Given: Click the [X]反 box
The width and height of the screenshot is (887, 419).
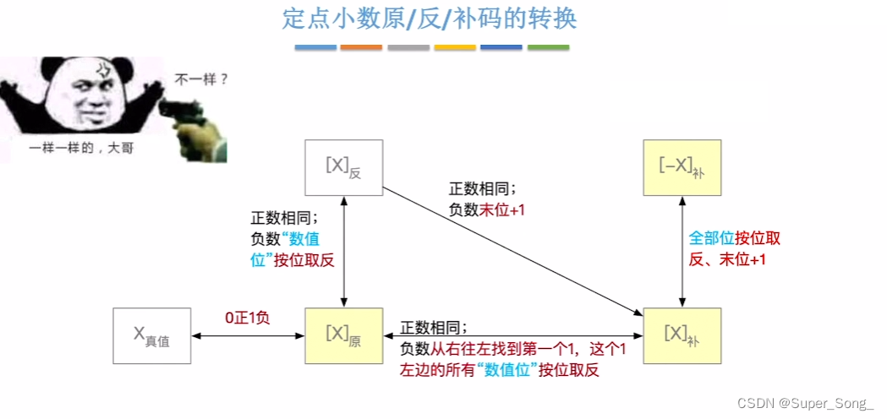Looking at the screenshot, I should coord(343,167).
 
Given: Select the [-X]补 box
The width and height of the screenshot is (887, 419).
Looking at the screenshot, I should coord(682,167).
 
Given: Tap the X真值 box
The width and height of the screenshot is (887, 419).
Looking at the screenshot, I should coord(151,335).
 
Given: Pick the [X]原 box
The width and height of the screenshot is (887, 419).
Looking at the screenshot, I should coord(343,335).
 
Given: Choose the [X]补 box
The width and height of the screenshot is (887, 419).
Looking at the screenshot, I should coord(682,335).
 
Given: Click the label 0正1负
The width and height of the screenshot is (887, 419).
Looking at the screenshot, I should coord(247,318).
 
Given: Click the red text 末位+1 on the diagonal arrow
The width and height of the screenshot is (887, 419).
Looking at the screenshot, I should coord(502,209).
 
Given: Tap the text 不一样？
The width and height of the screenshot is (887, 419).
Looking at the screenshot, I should coord(201,81).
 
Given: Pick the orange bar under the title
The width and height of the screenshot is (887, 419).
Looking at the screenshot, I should coord(361,47).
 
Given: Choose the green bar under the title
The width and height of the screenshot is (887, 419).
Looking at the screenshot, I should coord(548,47).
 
